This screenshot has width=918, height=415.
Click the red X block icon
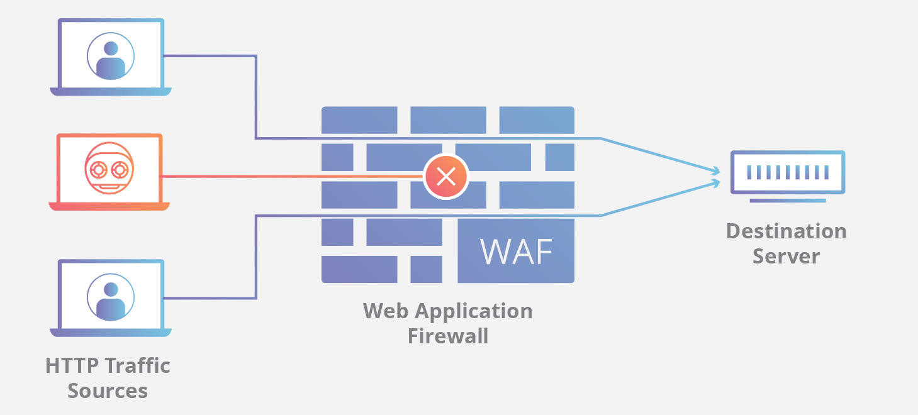[446, 177]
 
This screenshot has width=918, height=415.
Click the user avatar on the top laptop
[111, 56]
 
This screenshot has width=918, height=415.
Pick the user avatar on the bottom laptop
[111, 296]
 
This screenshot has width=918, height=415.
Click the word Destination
[786, 231]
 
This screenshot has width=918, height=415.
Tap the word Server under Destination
[786, 257]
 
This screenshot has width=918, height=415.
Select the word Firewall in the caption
[447, 336]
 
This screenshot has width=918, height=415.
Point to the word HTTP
[72, 365]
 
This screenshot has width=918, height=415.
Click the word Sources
[108, 390]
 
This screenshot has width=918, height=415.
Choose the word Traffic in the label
[137, 365]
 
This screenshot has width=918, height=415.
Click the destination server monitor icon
[787, 172]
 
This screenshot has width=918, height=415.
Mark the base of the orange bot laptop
[109, 206]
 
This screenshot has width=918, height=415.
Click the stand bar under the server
[787, 201]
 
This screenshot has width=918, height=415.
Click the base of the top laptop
[111, 92]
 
